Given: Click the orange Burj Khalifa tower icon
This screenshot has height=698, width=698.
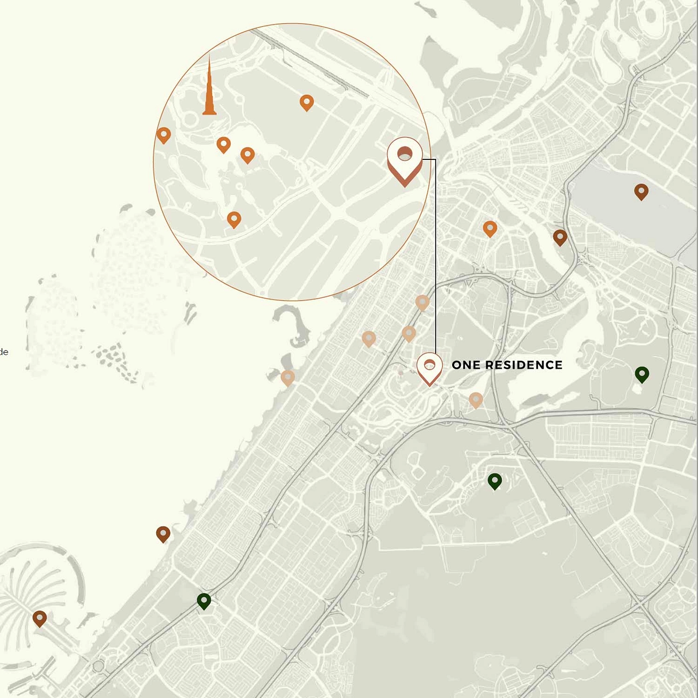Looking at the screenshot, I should tap(209, 90).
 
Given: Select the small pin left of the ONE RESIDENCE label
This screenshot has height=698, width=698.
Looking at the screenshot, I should tap(429, 368).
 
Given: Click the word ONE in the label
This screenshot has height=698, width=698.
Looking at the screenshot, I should tap(466, 365).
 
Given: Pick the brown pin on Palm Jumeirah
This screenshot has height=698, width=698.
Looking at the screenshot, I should tap(40, 618).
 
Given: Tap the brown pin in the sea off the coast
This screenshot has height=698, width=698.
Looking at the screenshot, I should tap(163, 534).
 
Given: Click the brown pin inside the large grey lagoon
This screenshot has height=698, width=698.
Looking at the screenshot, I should tap(641, 191).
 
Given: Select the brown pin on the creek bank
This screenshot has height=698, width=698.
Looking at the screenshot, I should tap(560, 237).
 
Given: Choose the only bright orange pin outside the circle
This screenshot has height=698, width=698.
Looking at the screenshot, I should tap(490, 229).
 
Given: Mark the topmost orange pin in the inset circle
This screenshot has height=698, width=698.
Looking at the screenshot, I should tap(306, 102).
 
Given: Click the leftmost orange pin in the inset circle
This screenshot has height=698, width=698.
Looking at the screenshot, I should tap(163, 135).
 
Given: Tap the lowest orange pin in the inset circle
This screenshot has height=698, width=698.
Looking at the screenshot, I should tap(234, 219).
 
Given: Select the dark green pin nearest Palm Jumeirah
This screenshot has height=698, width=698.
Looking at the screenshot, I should tap(204, 601).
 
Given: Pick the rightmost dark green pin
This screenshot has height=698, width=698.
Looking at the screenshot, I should tap(642, 374).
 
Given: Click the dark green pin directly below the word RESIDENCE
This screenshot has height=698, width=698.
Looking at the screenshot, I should tap(494, 481).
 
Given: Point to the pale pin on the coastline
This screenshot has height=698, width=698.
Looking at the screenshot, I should tap(287, 378).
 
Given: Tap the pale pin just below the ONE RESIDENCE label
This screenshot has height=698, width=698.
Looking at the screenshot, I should tap(475, 400).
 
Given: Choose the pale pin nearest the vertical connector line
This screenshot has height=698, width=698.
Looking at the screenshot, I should tap(422, 302).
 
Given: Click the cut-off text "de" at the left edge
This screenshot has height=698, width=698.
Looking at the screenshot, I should tap(4, 352).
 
